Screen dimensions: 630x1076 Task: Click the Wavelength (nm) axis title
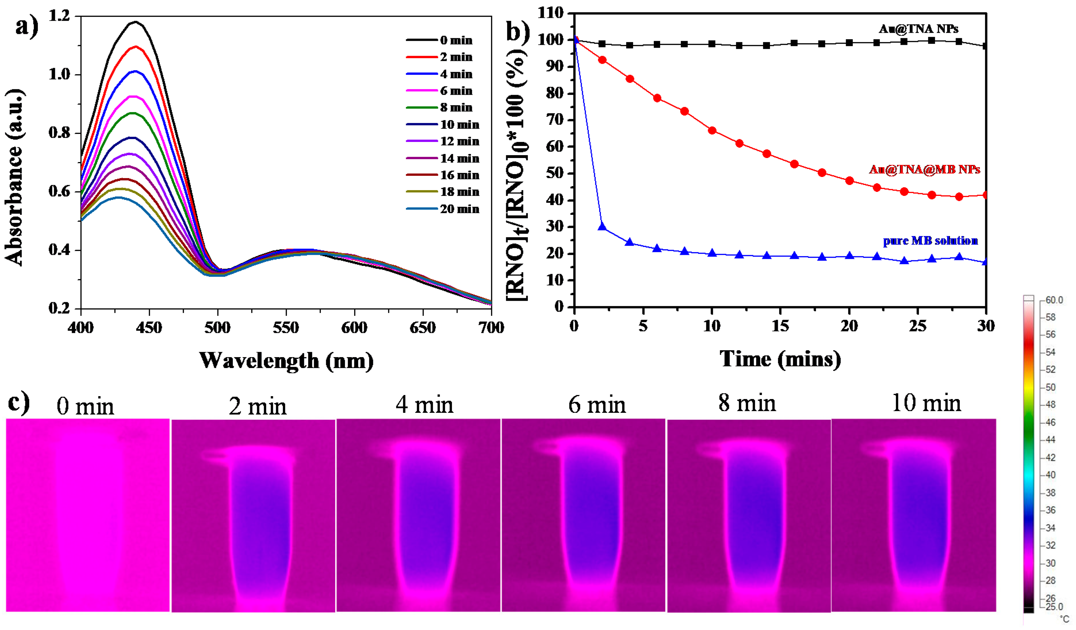[286, 361]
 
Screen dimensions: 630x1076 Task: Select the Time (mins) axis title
[780, 359]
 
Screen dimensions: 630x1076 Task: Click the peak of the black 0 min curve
[136, 22]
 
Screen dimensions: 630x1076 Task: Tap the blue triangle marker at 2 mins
[602, 226]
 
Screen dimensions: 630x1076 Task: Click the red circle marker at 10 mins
[712, 130]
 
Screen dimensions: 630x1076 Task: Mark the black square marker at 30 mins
[985, 46]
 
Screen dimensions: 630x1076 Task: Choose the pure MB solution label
[930, 241]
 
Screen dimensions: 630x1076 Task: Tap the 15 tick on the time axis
[780, 326]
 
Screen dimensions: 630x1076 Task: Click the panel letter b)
[518, 31]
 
